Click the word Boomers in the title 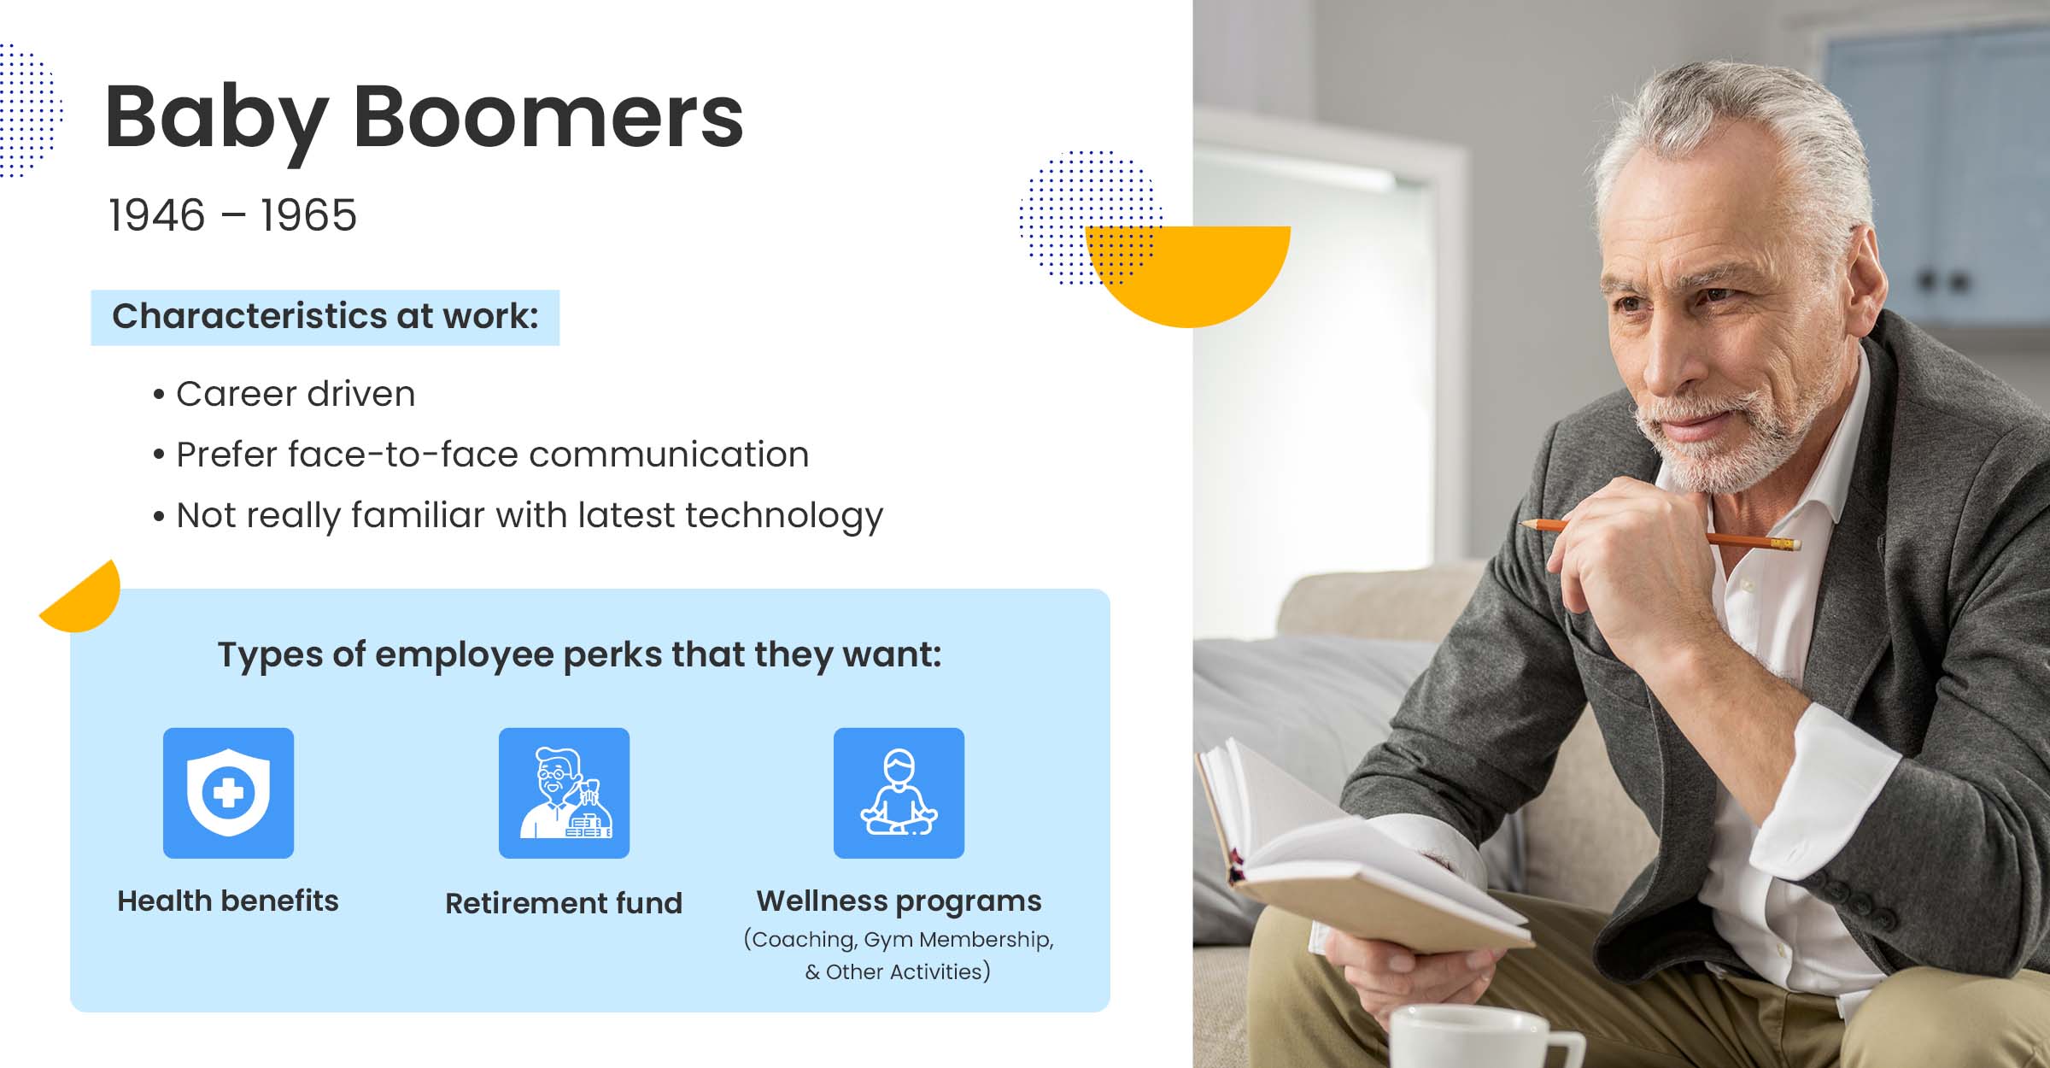point(548,117)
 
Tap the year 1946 point(157,214)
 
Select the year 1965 point(308,214)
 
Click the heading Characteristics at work point(325,316)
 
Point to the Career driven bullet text point(296,394)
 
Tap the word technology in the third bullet point(784,517)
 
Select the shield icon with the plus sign point(228,793)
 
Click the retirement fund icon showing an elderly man point(564,793)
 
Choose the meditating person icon point(899,793)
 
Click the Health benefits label point(228,901)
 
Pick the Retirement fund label point(564,903)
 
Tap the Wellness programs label point(899,901)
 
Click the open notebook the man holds point(1358,854)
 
